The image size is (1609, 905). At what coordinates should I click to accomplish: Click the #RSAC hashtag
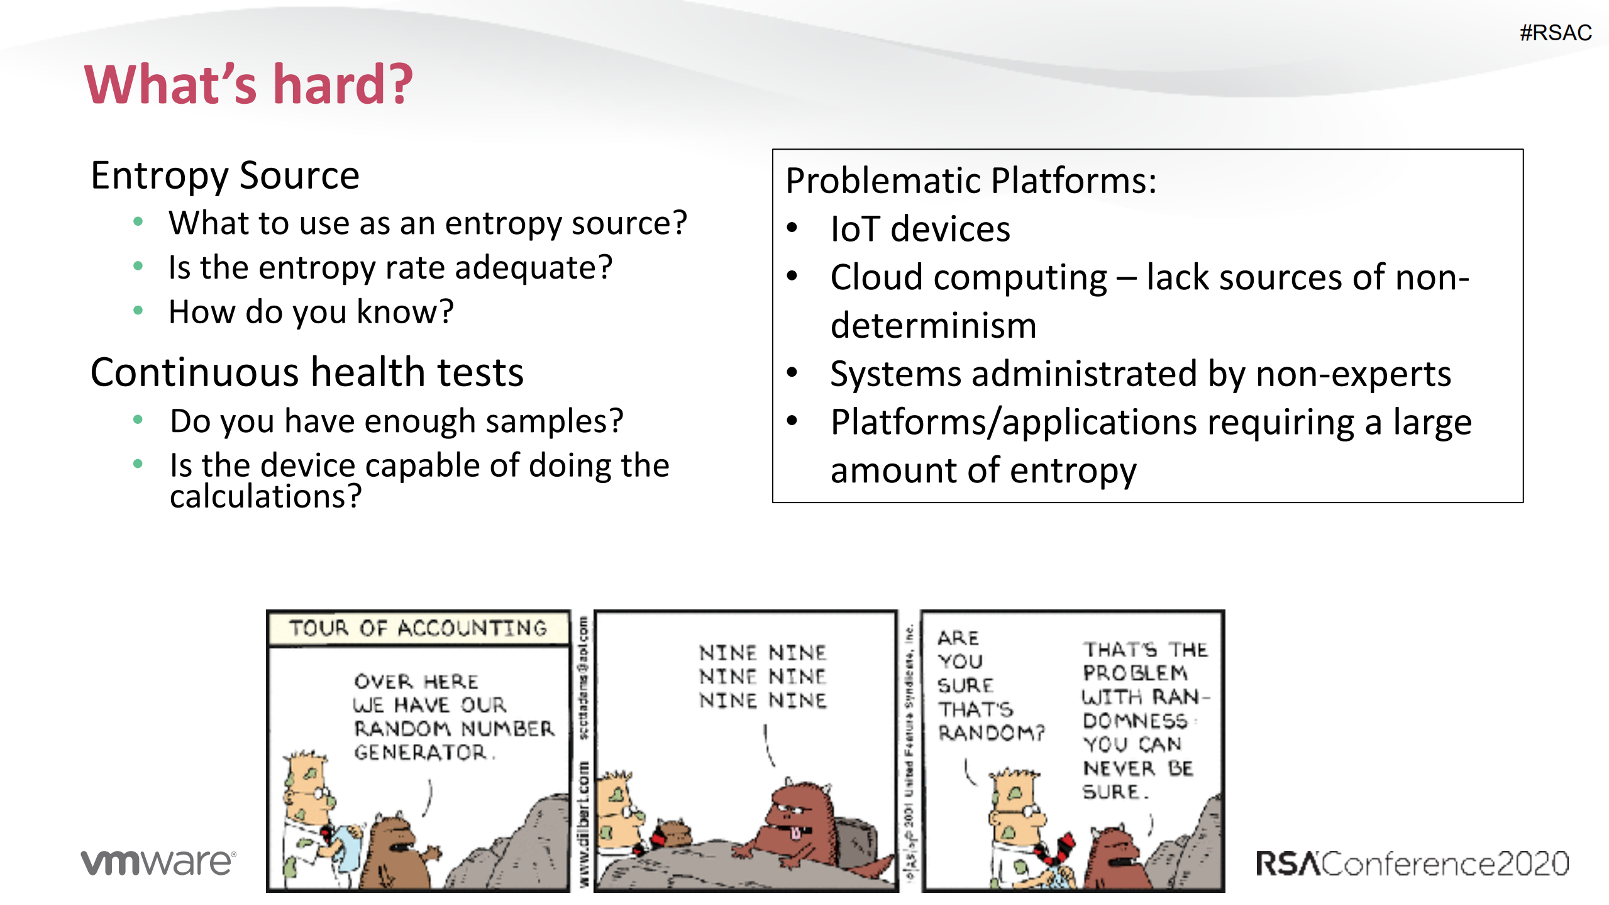coord(1555,33)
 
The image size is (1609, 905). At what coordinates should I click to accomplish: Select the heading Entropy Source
coord(224,175)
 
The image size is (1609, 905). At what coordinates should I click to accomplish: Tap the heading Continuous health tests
coord(306,372)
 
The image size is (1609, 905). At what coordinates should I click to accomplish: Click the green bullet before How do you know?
coord(138,310)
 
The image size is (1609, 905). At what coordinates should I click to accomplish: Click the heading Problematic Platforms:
coord(970,181)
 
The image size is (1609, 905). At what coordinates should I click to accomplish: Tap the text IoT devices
coord(919,229)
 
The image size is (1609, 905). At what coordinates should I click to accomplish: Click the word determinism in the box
coord(933,326)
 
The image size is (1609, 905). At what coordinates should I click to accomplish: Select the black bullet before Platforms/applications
coord(792,421)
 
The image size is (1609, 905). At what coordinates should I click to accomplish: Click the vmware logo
coord(158,862)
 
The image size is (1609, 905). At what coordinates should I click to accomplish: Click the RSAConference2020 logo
coord(1412,863)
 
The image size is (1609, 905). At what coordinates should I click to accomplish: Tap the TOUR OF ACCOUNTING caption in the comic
coord(417,628)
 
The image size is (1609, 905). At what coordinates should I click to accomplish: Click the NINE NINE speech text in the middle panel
coord(762,676)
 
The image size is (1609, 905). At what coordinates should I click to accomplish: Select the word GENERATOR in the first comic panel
coord(420,752)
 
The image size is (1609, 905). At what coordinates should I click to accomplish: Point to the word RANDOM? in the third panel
coord(990,733)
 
